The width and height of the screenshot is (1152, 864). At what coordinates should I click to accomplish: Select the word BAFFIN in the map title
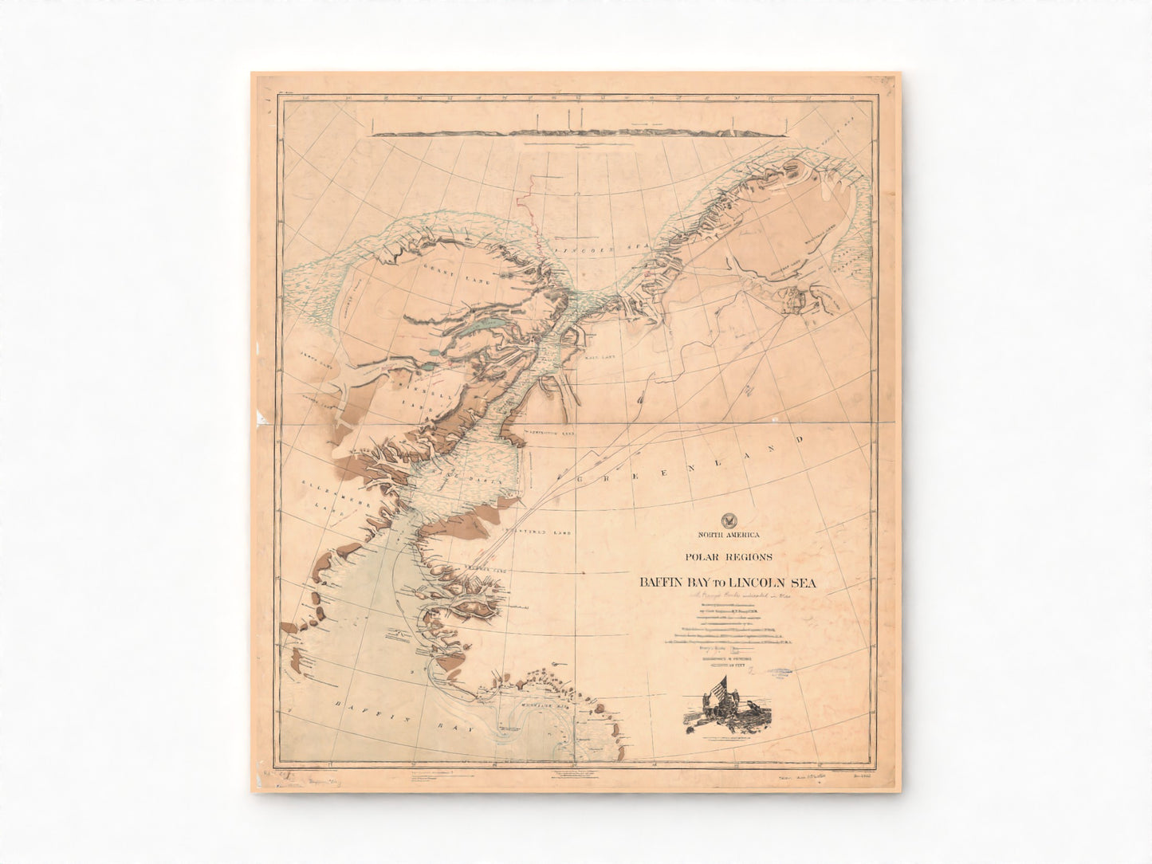(x=662, y=583)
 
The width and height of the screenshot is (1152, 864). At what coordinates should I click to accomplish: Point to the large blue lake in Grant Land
(x=487, y=324)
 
